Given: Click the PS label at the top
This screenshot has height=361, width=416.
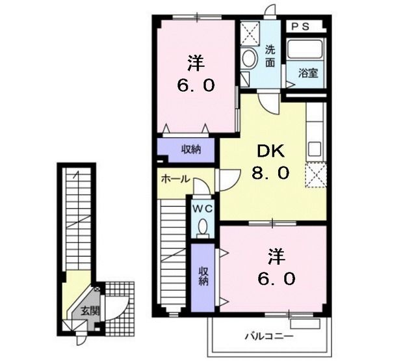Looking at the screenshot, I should click(300, 27).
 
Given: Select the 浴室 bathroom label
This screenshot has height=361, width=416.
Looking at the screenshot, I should click(308, 73).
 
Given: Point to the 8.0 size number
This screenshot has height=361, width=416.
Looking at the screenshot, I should click(270, 174).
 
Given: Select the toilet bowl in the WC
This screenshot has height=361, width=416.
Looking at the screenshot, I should click(203, 228).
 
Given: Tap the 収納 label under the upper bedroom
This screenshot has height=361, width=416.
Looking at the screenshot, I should click(191, 150).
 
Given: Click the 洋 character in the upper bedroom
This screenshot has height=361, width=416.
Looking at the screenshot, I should click(196, 63).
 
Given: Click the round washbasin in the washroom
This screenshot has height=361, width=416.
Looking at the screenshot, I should click(248, 59).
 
